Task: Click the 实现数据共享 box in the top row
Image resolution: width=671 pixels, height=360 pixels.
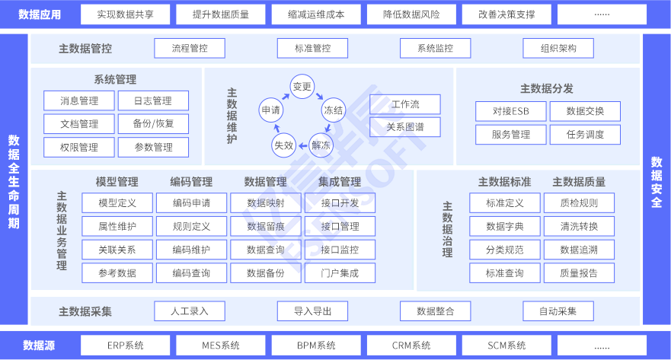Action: pos(126,14)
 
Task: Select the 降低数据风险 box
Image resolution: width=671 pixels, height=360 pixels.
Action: pos(411,14)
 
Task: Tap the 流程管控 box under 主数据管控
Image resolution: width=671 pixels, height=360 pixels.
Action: pos(190,49)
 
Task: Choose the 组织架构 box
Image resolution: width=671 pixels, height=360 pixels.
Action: pos(558,49)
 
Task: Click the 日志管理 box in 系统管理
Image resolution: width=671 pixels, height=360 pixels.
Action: pos(153,101)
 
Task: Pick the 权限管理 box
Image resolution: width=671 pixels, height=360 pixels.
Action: pos(79,147)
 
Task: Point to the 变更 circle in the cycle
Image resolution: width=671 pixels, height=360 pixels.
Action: pos(302,87)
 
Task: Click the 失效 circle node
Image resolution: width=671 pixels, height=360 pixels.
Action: pos(283,145)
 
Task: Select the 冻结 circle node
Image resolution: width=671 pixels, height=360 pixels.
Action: pos(334,110)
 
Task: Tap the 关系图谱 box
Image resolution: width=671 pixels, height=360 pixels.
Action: pos(404,127)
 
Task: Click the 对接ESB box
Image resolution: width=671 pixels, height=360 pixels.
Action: pos(510,112)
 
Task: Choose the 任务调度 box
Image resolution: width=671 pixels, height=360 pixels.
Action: pos(585,135)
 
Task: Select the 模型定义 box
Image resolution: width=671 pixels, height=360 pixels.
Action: pos(117,203)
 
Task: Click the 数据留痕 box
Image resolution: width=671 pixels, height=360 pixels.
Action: pos(266,226)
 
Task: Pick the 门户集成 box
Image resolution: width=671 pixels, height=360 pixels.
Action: pos(340,272)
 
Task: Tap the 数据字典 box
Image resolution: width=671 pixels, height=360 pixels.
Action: pos(505,226)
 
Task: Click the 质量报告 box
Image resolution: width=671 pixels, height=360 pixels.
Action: pos(579,272)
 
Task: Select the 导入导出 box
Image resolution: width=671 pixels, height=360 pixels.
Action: pos(312,311)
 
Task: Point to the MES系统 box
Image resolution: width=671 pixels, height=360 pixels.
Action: pos(221,345)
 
